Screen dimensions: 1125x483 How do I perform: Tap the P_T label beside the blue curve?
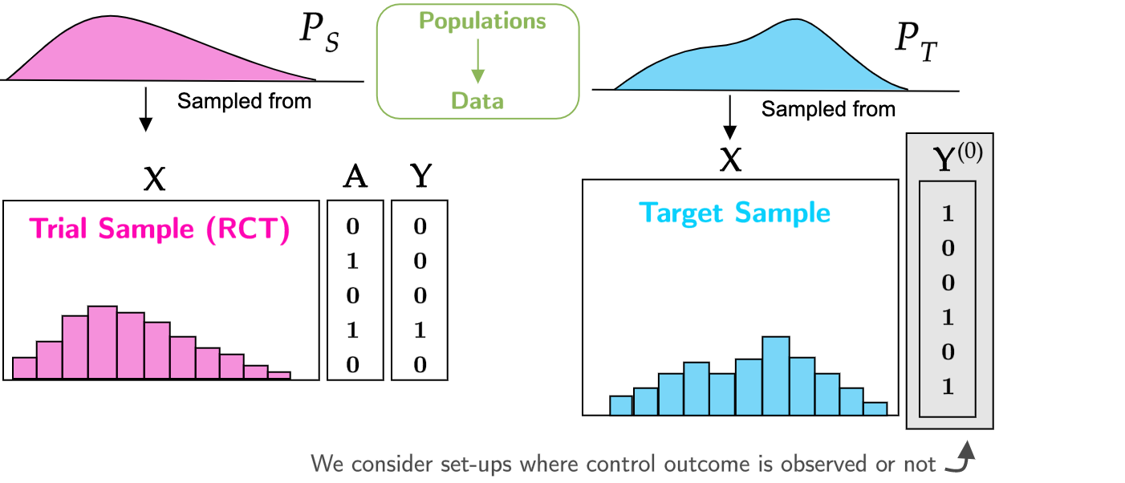pos(916,43)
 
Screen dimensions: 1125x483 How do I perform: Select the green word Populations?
pos(482,22)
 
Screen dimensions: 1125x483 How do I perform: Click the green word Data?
pos(477,101)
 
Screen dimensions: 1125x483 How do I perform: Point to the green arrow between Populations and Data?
pos(478,61)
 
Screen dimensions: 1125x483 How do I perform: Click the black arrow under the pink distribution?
pos(146,109)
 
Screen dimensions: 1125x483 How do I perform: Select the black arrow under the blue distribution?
pos(729,117)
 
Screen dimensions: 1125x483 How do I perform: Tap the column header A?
pos(355,177)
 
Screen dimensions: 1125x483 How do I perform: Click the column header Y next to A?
pos(420,176)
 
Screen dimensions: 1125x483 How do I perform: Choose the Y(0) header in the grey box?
pos(957,156)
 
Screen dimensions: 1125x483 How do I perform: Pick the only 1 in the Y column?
pos(420,330)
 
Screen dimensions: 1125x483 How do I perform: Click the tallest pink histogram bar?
pos(103,342)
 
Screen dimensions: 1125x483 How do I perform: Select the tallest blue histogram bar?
pos(775,375)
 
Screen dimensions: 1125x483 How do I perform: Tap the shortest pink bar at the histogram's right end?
pos(279,375)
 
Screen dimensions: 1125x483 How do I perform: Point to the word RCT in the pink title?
pos(248,229)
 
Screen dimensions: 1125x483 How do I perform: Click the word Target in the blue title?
pos(681,213)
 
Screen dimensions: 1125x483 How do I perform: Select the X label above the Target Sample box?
pos(730,160)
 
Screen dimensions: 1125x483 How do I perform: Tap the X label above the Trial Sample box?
pos(154,179)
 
